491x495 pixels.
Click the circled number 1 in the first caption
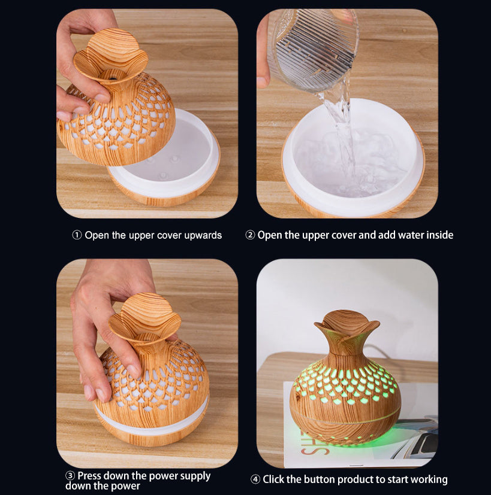[x=77, y=235]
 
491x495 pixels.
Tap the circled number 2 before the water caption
[x=250, y=235]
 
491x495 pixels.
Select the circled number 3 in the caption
[x=70, y=476]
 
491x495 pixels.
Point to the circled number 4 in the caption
[x=255, y=479]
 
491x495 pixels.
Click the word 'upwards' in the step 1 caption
[x=203, y=235]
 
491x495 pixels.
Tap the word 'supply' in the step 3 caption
[x=195, y=476]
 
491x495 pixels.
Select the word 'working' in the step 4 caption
[x=429, y=479]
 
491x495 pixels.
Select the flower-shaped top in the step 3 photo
[x=145, y=317]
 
